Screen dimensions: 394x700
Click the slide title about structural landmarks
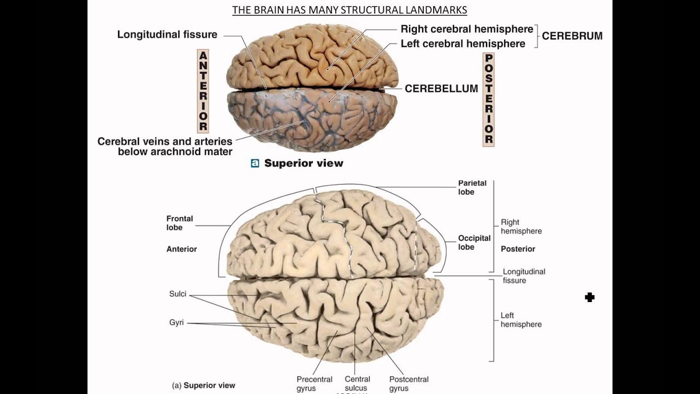[349, 10]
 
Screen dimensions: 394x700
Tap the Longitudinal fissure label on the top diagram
[167, 34]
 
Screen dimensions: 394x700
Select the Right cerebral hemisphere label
[466, 29]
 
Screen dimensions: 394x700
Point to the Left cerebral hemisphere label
[463, 44]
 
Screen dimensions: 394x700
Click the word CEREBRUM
[572, 36]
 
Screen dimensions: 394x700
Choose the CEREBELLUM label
[441, 89]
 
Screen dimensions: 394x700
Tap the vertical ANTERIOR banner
[203, 91]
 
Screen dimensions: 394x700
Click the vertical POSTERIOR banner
[488, 100]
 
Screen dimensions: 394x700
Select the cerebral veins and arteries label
[165, 147]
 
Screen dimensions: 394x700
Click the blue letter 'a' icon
[255, 163]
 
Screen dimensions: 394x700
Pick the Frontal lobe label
[179, 223]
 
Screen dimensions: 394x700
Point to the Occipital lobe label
[474, 242]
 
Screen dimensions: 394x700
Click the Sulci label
[178, 294]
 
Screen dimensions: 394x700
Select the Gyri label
[176, 323]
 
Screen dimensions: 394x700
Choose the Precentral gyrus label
[314, 384]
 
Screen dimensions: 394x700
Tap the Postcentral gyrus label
[409, 384]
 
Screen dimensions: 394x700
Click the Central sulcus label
[357, 384]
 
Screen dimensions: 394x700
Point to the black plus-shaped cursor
[590, 297]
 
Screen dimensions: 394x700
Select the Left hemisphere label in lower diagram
[521, 320]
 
